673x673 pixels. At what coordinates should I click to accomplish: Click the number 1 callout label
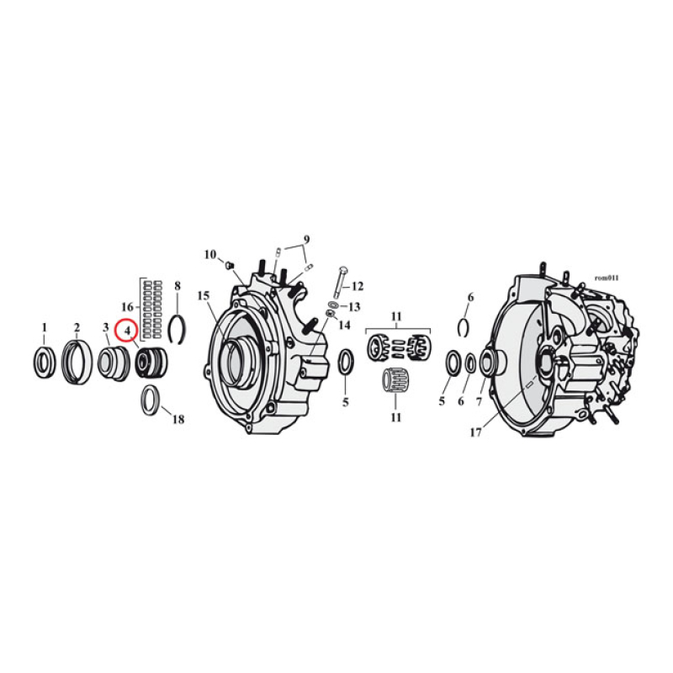pyautogui.click(x=45, y=327)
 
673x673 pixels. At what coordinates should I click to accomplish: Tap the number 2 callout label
pyautogui.click(x=76, y=327)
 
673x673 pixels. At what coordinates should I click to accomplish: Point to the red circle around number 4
pyautogui.click(x=126, y=331)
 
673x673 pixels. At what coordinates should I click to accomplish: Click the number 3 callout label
pyautogui.click(x=105, y=327)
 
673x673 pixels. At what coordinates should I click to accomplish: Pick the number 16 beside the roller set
pyautogui.click(x=128, y=306)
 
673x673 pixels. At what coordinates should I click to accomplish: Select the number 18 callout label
pyautogui.click(x=178, y=419)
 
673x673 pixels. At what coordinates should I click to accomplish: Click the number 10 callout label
pyautogui.click(x=210, y=254)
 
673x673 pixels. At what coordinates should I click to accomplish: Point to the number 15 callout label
pyautogui.click(x=203, y=295)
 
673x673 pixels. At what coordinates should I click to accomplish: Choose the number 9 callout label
pyautogui.click(x=307, y=239)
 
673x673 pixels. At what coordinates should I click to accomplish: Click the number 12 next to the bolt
pyautogui.click(x=357, y=285)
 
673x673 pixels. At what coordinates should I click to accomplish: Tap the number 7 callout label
pyautogui.click(x=481, y=401)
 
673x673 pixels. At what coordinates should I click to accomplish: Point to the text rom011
pyautogui.click(x=606, y=277)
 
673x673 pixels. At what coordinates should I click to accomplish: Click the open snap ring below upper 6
pyautogui.click(x=465, y=327)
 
